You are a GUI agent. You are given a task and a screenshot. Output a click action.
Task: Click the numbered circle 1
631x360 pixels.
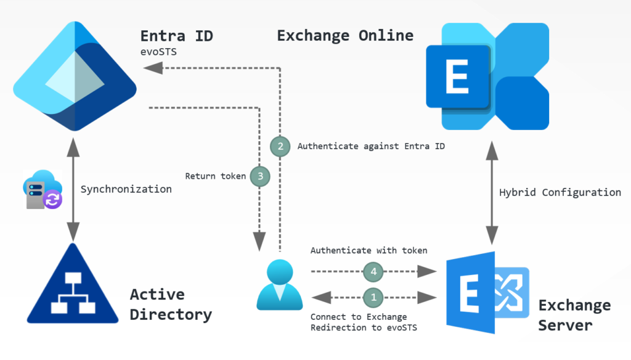pyautogui.click(x=372, y=297)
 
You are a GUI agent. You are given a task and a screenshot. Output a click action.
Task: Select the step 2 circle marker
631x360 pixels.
pyautogui.click(x=280, y=146)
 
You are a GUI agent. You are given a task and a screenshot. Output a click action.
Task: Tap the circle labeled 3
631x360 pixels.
pyautogui.click(x=261, y=176)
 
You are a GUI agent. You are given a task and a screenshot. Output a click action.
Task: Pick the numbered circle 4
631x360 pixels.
pyautogui.click(x=372, y=270)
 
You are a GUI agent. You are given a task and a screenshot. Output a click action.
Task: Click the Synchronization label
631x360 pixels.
pyautogui.click(x=126, y=189)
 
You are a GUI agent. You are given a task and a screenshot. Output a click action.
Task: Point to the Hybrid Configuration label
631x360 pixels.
pyautogui.click(x=560, y=192)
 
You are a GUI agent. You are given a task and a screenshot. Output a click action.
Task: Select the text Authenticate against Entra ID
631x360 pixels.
pyautogui.click(x=371, y=147)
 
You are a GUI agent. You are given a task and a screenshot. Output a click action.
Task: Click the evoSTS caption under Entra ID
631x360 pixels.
pyautogui.click(x=158, y=52)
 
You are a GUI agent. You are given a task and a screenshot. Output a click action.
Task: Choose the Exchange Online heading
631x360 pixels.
pyautogui.click(x=345, y=35)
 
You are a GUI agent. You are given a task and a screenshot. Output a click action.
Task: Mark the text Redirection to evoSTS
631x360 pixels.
pyautogui.click(x=364, y=328)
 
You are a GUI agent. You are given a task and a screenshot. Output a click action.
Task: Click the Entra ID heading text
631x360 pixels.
pyautogui.click(x=177, y=36)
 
